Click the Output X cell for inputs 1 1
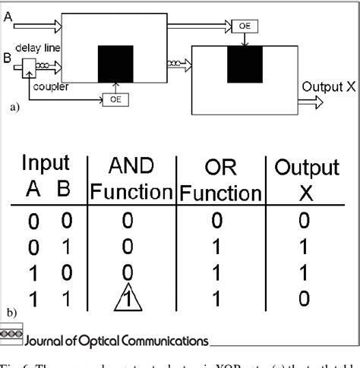coord(305,300)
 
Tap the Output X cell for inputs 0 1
coord(305,247)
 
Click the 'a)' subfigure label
coord(13,108)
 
